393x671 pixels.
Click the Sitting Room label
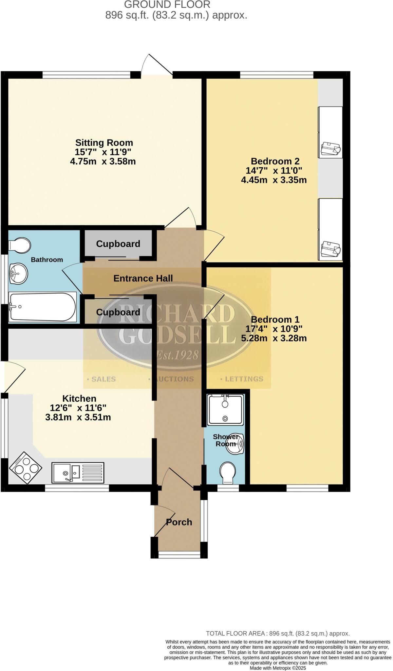click(x=104, y=143)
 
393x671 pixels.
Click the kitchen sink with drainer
click(x=78, y=472)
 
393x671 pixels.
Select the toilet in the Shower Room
click(x=228, y=472)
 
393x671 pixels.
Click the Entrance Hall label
click(x=143, y=278)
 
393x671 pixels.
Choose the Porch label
click(x=179, y=522)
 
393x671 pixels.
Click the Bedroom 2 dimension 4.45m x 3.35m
click(x=274, y=180)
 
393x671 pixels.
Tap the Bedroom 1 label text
click(x=275, y=319)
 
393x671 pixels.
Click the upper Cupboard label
click(x=118, y=244)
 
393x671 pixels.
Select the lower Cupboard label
click(x=118, y=312)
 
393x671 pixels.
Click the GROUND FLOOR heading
click(x=167, y=5)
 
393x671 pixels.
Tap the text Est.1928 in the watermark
click(x=177, y=355)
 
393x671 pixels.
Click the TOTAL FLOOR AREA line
click(x=278, y=634)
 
